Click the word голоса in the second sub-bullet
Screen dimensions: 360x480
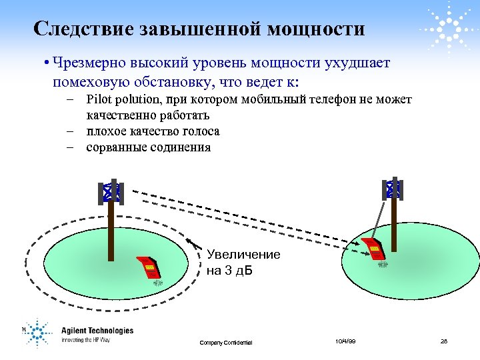(198, 131)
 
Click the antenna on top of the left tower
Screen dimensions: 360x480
(111, 193)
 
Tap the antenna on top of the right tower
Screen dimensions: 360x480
(394, 189)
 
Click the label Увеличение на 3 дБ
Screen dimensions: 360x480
(243, 263)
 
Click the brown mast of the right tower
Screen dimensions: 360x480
(395, 223)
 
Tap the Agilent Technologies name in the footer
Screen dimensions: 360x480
(97, 331)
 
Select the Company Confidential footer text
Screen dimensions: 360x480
(225, 343)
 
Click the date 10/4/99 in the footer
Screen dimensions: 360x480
(345, 341)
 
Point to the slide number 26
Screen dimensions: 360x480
(444, 341)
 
